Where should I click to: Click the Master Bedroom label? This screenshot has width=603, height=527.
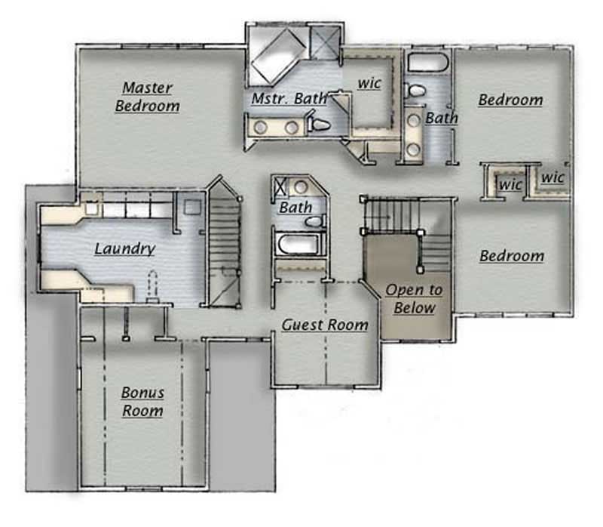pyautogui.click(x=148, y=97)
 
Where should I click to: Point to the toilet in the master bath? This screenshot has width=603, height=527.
pyautogui.click(x=320, y=123)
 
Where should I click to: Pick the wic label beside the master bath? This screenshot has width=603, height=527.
pyautogui.click(x=369, y=83)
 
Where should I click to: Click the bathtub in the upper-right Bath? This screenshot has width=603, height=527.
pyautogui.click(x=428, y=63)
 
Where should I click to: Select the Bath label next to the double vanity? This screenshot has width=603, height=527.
pyautogui.click(x=441, y=118)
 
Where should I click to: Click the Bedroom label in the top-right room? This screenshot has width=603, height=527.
pyautogui.click(x=510, y=100)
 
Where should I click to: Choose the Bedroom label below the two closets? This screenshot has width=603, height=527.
pyautogui.click(x=512, y=257)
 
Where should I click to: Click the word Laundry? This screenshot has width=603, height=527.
pyautogui.click(x=125, y=248)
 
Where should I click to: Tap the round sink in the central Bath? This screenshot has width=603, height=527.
pyautogui.click(x=301, y=187)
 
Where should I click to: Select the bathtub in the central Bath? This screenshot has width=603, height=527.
pyautogui.click(x=299, y=244)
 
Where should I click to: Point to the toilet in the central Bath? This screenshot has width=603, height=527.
pyautogui.click(x=314, y=221)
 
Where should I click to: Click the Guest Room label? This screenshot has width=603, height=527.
pyautogui.click(x=325, y=325)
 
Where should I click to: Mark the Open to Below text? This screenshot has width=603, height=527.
pyautogui.click(x=414, y=299)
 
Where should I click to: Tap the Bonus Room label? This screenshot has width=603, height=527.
pyautogui.click(x=142, y=402)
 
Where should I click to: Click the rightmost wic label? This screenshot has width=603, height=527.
pyautogui.click(x=553, y=178)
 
